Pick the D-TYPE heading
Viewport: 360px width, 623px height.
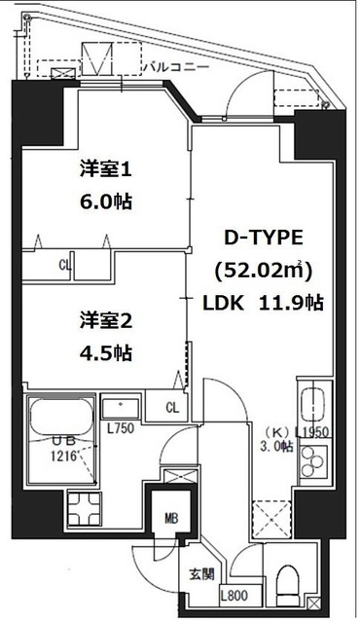point(264,237)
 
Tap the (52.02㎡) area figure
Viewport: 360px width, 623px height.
point(263,269)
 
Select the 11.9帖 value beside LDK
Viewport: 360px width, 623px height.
point(292,303)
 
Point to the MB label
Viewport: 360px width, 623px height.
point(170,518)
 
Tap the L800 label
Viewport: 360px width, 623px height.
point(234,598)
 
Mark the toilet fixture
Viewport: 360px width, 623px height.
point(290,582)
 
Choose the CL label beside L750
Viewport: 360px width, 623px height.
point(171,407)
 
